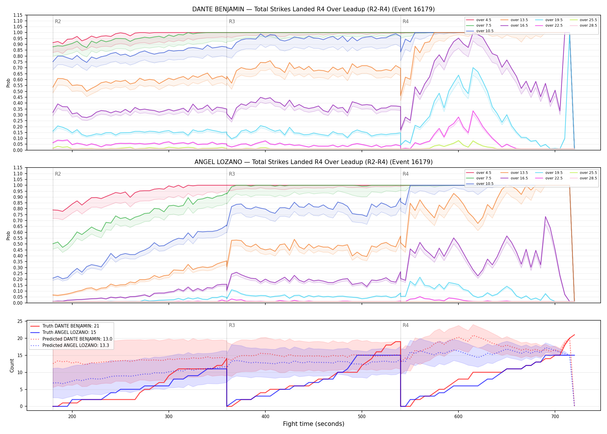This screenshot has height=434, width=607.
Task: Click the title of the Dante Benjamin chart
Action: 313,9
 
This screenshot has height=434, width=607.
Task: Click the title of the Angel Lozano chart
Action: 313,162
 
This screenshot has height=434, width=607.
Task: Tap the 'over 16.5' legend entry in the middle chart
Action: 514,178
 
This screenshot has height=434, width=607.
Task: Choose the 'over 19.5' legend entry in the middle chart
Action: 549,173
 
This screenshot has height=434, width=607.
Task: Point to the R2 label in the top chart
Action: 58,21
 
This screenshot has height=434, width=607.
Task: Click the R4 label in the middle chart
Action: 406,174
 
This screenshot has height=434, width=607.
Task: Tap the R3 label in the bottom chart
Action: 232,325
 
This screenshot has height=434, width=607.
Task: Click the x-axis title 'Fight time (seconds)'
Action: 314,424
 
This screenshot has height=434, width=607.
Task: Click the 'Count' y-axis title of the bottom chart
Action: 12,365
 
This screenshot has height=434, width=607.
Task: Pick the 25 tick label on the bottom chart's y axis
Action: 20,321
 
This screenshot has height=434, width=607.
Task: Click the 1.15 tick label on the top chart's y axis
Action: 18,15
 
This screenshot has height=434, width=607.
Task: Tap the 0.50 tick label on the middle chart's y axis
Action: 18,244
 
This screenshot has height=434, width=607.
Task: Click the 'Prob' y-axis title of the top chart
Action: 8,83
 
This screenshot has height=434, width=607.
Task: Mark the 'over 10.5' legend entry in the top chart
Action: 480,31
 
